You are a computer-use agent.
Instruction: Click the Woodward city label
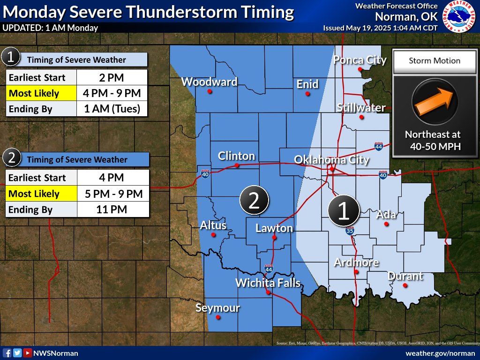pos(209,82)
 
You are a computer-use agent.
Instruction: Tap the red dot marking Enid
pos(307,94)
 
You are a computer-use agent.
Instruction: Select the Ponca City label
pos(360,60)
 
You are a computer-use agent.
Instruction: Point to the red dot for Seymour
pos(218,317)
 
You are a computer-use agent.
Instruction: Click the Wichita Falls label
pos(268,283)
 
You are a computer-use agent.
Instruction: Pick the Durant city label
pos(405,276)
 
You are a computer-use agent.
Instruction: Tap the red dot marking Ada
pos(387,224)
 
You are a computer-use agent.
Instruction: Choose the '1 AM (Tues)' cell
pos(112,109)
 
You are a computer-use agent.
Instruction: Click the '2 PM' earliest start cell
pos(112,77)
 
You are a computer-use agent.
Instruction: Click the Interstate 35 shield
pos(350,231)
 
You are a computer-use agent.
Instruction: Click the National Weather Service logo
pos(459,16)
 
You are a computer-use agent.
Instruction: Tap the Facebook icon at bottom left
pos(7,353)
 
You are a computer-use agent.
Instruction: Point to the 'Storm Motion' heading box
pos(434,60)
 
